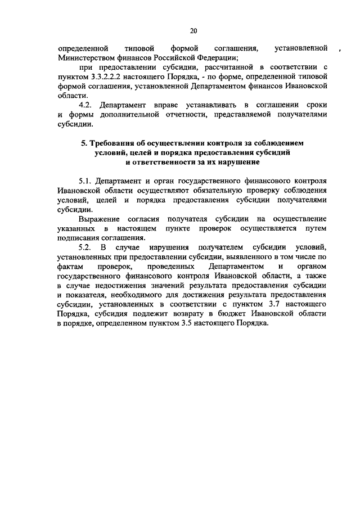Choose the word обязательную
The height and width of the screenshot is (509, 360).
tap(220, 191)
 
